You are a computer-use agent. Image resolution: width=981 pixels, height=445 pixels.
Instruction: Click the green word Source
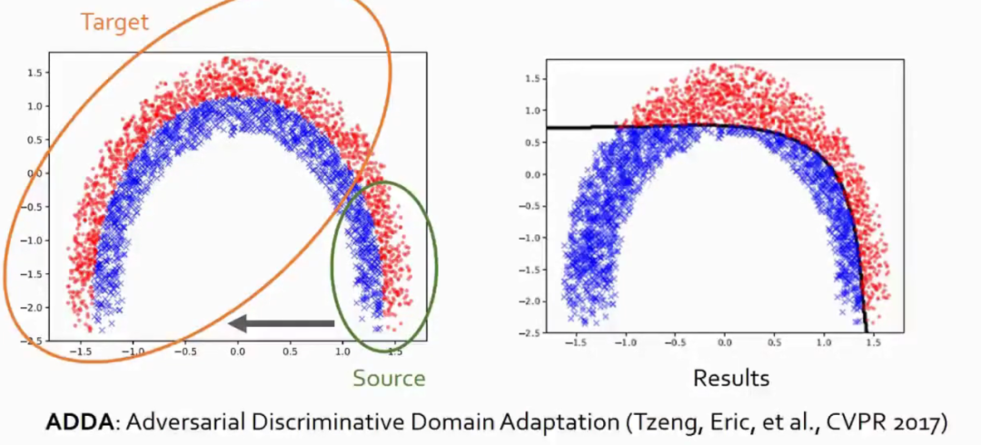pos(389,378)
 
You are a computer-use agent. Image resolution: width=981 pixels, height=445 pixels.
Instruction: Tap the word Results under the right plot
pos(731,378)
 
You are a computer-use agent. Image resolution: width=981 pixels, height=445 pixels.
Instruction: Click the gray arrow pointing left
pos(281,323)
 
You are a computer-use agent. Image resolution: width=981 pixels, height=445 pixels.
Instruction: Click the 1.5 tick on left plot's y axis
pos(35,72)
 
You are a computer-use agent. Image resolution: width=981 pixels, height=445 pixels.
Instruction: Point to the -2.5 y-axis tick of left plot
pos(32,341)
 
